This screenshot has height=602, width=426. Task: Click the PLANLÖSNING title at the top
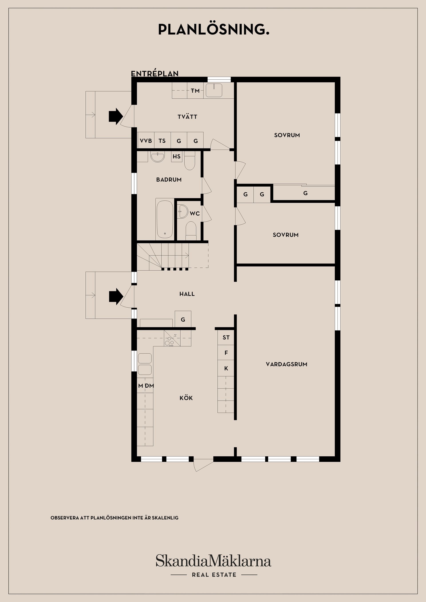[x=214, y=30]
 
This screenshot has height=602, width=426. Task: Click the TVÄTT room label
[x=187, y=117]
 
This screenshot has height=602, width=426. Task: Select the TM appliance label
[x=195, y=91]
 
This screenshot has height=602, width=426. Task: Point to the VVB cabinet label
[x=146, y=141]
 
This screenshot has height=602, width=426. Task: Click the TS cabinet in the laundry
[x=162, y=141]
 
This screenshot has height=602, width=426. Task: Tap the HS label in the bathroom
[x=176, y=156]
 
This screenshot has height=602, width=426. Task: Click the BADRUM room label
[x=169, y=180]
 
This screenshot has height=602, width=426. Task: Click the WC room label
[x=195, y=214]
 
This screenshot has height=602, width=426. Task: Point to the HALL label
[x=187, y=294]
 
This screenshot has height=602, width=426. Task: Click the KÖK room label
[x=186, y=398]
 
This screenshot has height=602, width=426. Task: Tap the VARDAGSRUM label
[x=286, y=364]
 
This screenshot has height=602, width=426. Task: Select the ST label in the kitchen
[x=226, y=337]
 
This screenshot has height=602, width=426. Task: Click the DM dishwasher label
[x=150, y=386]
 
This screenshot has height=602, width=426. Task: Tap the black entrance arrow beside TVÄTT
[x=116, y=116]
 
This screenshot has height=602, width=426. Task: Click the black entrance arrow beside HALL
[x=116, y=297]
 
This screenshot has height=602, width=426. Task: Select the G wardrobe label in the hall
[x=183, y=320]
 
